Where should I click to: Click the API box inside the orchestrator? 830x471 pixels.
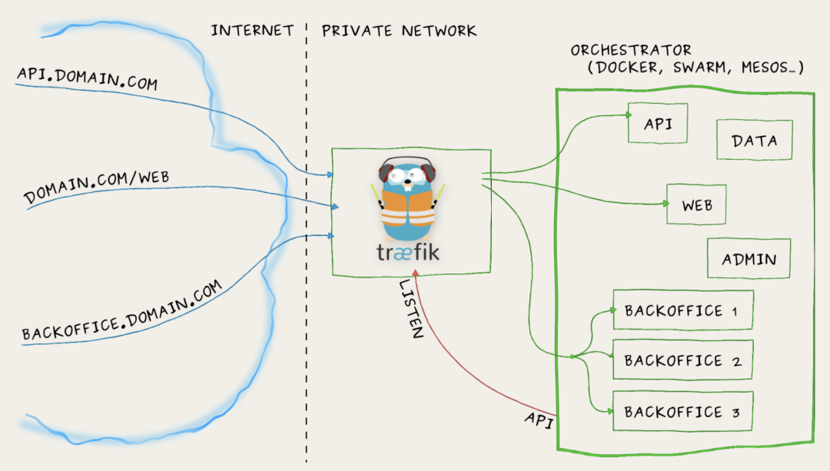[x=657, y=124]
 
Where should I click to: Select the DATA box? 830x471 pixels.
[x=753, y=141]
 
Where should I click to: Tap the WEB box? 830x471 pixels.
[x=696, y=205]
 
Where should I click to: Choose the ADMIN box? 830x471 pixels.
[x=749, y=259]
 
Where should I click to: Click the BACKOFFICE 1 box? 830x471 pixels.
[x=682, y=310]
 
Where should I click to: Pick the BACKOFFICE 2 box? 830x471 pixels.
[x=682, y=360]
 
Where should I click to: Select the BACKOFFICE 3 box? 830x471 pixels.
[x=682, y=412]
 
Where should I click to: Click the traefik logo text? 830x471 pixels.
[x=408, y=252]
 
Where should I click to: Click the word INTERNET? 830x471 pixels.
[x=252, y=31]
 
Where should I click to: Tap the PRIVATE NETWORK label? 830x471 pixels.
[x=399, y=31]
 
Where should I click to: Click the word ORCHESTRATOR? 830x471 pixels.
[x=630, y=51]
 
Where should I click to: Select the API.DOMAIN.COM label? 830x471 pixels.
[x=86, y=78]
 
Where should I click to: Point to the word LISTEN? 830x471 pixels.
[x=410, y=308]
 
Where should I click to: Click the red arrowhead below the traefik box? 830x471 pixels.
[x=416, y=274]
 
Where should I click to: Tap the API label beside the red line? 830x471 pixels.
[x=539, y=419]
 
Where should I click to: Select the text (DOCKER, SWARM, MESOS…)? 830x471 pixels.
[x=695, y=68]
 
